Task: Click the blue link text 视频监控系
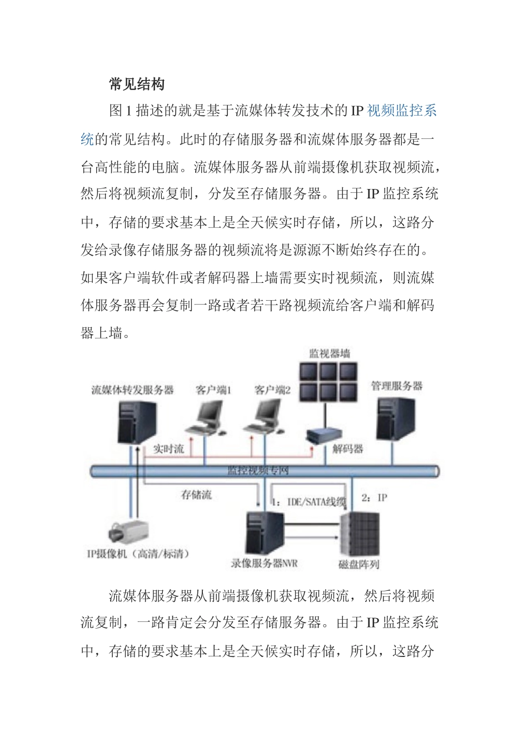pos(402,111)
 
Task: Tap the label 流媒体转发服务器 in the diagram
pos(132,390)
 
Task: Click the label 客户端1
pos(213,390)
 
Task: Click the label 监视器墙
pos(330,353)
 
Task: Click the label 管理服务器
pos(397,386)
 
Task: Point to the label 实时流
pos(168,449)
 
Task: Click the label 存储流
pos(196,495)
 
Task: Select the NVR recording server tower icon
pos(264,533)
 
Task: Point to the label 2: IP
pos(374,497)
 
